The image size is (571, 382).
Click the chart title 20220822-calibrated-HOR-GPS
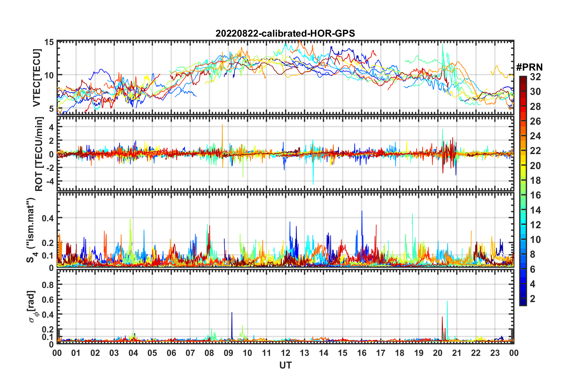click(x=285, y=33)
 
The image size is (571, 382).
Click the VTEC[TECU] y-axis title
click(x=37, y=78)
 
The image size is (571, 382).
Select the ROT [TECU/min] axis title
click(x=39, y=154)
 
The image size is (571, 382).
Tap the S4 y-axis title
click(x=31, y=230)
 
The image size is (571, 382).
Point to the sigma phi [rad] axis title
click(x=32, y=306)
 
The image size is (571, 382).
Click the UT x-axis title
click(x=285, y=365)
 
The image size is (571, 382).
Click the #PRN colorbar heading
click(x=529, y=67)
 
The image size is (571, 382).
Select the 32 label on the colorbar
click(x=535, y=77)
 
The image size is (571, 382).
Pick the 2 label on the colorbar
click(x=533, y=299)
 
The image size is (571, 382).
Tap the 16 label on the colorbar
click(x=535, y=195)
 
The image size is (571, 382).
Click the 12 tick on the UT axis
click(x=285, y=353)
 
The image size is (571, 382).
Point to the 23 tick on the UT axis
click(x=495, y=353)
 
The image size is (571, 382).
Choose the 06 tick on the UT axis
click(x=171, y=353)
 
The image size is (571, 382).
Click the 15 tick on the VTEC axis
click(x=49, y=42)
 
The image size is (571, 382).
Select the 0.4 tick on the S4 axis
click(x=48, y=218)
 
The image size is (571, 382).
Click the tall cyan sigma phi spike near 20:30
click(x=447, y=302)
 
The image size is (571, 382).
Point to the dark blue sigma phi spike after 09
click(x=232, y=313)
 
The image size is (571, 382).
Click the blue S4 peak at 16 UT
click(x=362, y=211)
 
